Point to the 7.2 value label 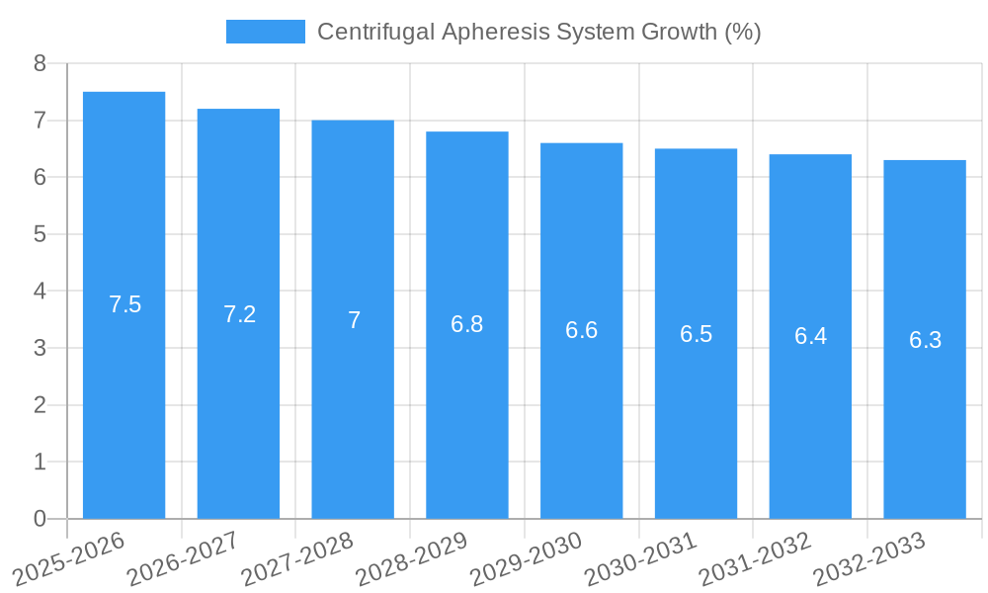(x=239, y=314)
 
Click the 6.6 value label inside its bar (x=581, y=330)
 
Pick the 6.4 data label (x=810, y=336)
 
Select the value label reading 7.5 (x=125, y=304)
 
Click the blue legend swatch (x=265, y=32)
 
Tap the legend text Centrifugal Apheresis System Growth (x=538, y=32)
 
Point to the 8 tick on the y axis (x=40, y=64)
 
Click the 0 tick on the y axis (x=40, y=519)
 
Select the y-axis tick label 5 (x=40, y=235)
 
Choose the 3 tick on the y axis (x=40, y=349)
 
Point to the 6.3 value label (x=925, y=340)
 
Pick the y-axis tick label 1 (x=40, y=463)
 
